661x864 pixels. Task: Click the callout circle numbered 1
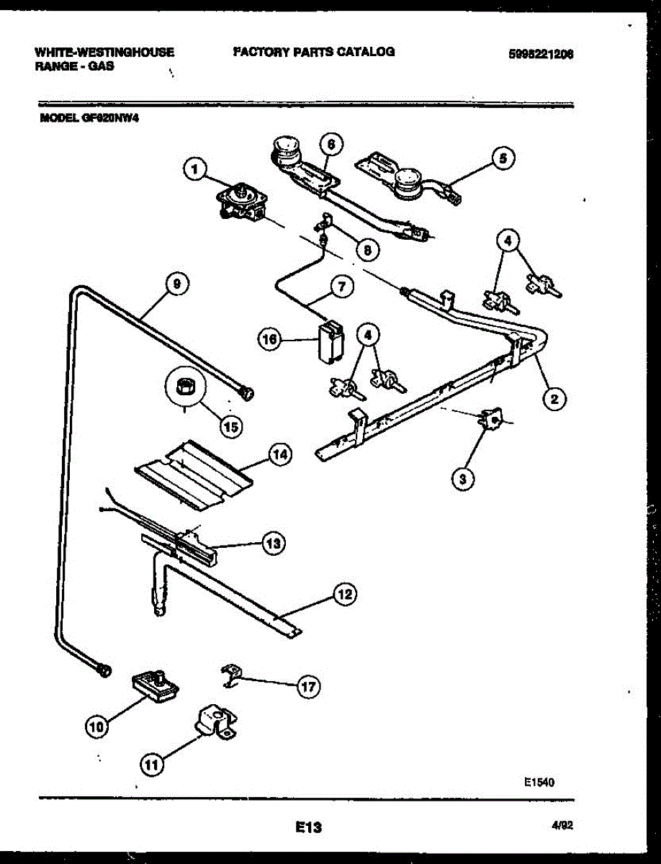pyautogui.click(x=192, y=170)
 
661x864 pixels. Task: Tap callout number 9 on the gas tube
pyautogui.click(x=175, y=284)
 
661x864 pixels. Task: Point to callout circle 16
pyautogui.click(x=270, y=340)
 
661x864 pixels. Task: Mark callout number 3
pyautogui.click(x=463, y=477)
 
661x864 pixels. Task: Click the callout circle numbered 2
pyautogui.click(x=554, y=397)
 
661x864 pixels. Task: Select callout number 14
pyautogui.click(x=280, y=455)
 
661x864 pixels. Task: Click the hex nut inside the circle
pyautogui.click(x=183, y=387)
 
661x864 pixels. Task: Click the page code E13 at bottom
pyautogui.click(x=307, y=828)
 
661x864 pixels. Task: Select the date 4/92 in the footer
pyautogui.click(x=562, y=828)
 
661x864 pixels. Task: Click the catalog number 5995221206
pyautogui.click(x=544, y=53)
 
